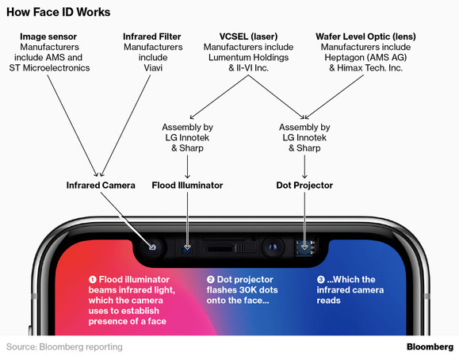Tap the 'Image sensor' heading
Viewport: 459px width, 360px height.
[51, 37]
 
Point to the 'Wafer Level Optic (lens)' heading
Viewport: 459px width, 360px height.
[365, 37]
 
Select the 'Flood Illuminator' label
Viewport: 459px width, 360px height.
[187, 186]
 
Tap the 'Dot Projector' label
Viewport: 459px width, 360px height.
[304, 186]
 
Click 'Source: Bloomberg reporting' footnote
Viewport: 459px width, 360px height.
[64, 347]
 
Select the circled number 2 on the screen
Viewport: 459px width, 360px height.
[211, 280]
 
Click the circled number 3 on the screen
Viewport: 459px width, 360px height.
[320, 280]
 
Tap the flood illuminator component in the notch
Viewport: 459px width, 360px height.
[188, 247]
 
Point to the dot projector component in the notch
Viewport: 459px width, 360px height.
[304, 247]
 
